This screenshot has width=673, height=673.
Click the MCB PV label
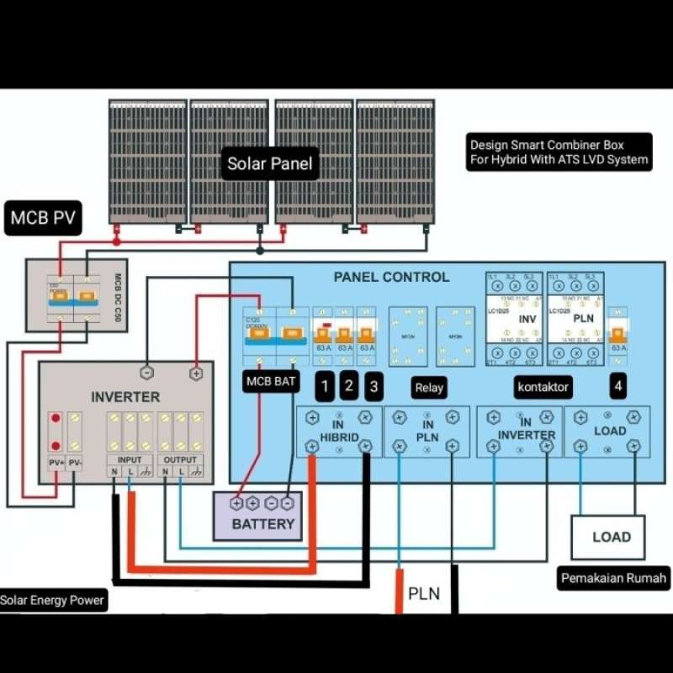pos(43,220)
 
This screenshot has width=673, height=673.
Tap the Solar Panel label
pos(269,163)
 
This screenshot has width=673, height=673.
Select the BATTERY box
pos(263,515)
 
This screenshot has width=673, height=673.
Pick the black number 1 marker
pos(324,387)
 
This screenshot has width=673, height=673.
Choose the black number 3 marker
pos(374,387)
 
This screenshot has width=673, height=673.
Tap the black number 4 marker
pos(618,386)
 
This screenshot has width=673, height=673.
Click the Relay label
pos(429,388)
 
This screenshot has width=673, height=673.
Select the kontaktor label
pos(543,388)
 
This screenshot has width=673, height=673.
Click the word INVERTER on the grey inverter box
pos(125,396)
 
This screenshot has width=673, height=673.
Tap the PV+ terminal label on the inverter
pos(55,462)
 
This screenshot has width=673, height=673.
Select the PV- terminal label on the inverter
pos(76,462)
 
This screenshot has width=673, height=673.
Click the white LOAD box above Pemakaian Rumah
pos(611,538)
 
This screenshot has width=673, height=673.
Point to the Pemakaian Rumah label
pos(614,578)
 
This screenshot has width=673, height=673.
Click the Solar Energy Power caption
pos(52,601)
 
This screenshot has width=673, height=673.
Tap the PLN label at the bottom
pos(424,593)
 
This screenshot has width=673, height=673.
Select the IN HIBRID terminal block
pos(338,432)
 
